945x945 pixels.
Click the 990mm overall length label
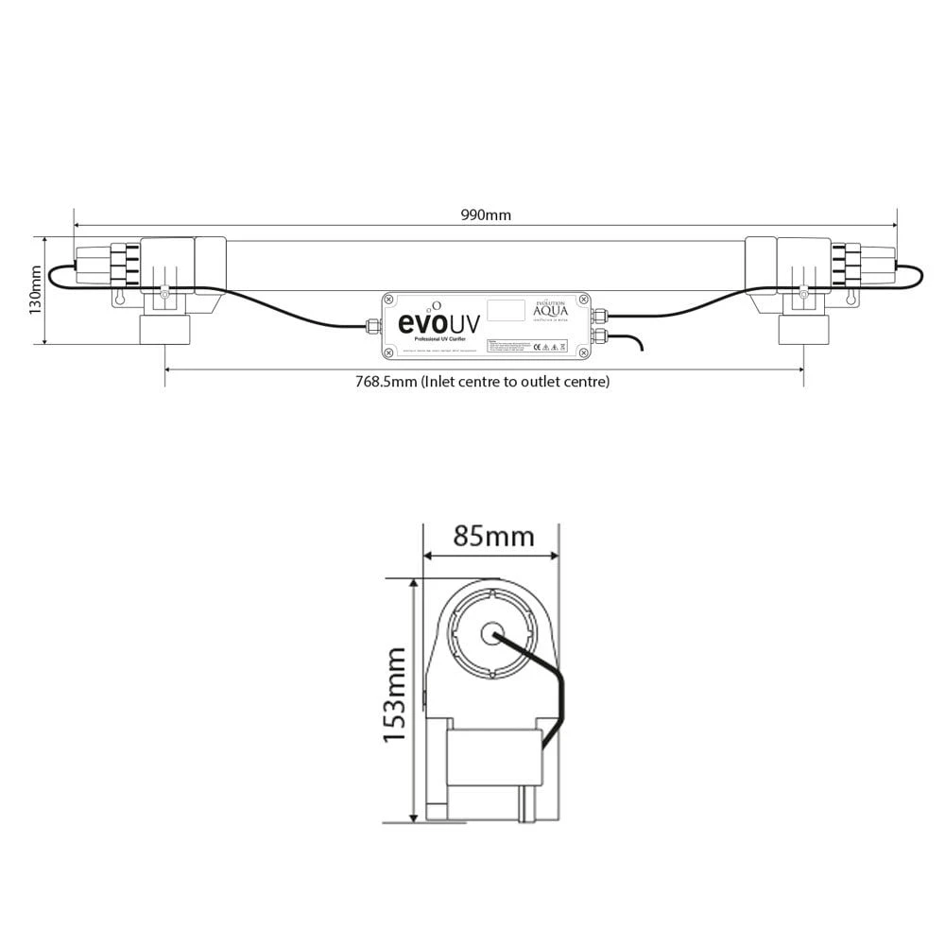[486, 215]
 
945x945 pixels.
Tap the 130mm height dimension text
[35, 289]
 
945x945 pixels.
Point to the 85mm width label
[493, 537]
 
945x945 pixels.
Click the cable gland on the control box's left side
[371, 328]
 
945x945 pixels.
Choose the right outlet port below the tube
[803, 331]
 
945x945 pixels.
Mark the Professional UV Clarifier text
[439, 338]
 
